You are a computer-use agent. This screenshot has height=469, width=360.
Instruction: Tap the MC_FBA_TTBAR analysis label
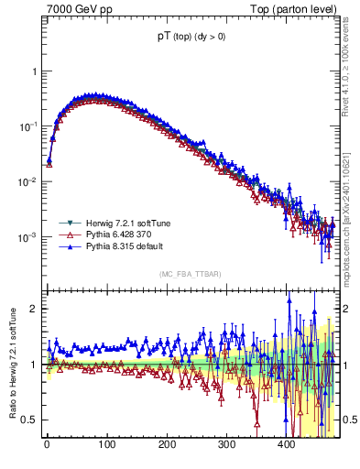(x=190, y=274)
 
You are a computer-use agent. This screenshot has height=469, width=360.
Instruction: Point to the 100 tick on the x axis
(x=106, y=446)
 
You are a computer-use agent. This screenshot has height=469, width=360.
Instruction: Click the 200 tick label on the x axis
(x=167, y=446)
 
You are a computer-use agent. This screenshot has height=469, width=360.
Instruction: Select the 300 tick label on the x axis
(x=226, y=446)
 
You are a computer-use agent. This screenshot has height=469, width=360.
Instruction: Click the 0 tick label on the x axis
(x=47, y=446)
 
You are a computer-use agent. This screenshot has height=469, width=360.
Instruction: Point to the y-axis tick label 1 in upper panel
(x=33, y=71)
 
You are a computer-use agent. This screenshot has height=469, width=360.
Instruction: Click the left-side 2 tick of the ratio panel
(x=33, y=309)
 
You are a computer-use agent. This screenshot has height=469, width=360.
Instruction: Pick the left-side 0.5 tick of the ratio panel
(x=29, y=420)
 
